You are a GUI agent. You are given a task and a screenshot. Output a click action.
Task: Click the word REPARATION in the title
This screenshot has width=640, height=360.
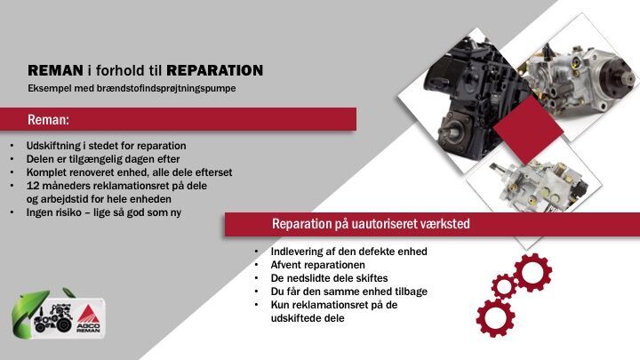[215, 70]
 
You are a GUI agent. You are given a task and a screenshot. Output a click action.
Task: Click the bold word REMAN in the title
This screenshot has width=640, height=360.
[55, 70]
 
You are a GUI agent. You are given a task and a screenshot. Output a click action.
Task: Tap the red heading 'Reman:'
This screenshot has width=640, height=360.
[48, 120]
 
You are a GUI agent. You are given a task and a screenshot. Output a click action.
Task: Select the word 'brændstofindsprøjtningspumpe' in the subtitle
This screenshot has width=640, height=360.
[166, 89]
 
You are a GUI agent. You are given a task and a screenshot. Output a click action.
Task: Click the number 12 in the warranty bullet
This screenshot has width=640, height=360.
[33, 186]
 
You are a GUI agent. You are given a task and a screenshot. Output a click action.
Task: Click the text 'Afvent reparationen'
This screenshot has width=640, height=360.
[318, 265]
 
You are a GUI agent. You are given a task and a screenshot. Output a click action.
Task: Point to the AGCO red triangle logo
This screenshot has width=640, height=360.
[86, 315]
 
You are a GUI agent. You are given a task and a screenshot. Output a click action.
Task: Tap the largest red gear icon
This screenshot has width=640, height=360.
[495, 317]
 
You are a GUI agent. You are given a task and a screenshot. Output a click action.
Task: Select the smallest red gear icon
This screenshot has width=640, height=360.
[504, 286]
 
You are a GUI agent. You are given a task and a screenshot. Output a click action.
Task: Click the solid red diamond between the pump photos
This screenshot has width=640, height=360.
[528, 129]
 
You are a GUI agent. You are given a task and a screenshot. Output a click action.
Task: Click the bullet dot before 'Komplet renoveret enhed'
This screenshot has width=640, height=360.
[12, 172]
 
